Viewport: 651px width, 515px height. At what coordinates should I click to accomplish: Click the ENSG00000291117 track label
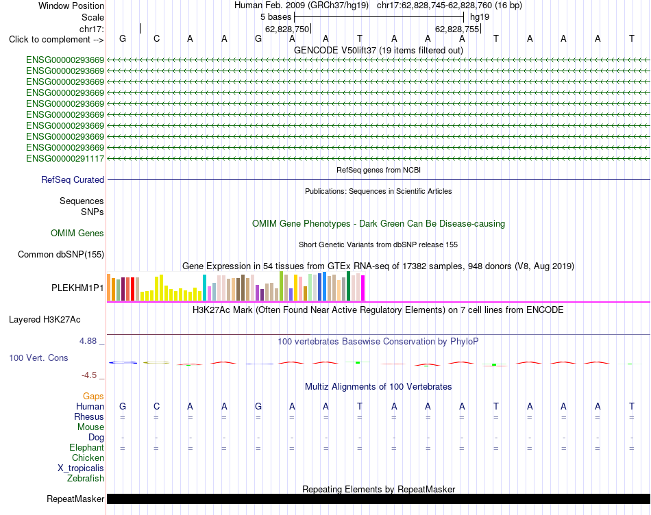tap(65, 158)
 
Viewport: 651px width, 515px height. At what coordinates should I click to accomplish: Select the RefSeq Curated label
tap(73, 179)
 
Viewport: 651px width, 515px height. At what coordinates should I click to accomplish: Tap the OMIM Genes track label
tap(77, 234)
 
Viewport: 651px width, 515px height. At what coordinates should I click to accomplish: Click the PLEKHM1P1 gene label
tap(77, 288)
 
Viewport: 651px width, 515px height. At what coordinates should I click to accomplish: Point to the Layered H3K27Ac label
tap(45, 320)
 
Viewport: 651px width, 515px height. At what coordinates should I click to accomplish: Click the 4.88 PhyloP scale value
tap(88, 341)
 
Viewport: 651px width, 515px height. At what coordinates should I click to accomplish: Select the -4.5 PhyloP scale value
tap(89, 375)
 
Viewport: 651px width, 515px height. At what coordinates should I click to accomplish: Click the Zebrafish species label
tap(86, 479)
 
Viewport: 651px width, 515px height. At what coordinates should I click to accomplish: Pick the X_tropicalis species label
tap(81, 468)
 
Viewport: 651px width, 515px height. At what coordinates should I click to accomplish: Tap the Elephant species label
tap(86, 448)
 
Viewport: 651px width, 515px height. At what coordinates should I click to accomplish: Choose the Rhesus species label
tap(89, 416)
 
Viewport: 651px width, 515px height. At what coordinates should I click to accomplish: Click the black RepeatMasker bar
tap(378, 499)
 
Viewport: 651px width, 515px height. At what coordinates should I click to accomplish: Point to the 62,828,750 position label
tap(287, 29)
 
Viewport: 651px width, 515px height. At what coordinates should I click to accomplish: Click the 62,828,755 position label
tap(457, 29)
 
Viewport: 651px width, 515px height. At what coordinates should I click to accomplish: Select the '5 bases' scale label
tap(275, 17)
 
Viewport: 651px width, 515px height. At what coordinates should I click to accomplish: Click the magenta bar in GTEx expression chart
tap(363, 288)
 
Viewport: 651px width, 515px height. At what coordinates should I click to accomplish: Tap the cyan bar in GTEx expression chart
tap(204, 288)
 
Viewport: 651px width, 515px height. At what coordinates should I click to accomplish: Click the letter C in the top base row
tap(156, 38)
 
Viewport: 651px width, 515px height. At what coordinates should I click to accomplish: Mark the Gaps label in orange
tap(93, 397)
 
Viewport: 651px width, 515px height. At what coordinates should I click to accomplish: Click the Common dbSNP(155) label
tap(60, 254)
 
